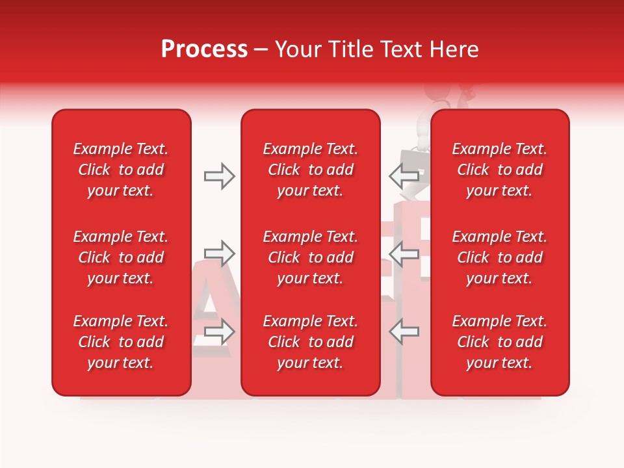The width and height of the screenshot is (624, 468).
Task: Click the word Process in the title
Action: click(x=204, y=49)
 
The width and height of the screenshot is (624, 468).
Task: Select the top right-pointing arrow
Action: click(x=219, y=176)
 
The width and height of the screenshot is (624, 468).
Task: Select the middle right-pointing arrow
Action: click(x=219, y=253)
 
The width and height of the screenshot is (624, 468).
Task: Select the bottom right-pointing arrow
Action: click(x=219, y=331)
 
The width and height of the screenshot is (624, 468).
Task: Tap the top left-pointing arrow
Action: click(x=404, y=176)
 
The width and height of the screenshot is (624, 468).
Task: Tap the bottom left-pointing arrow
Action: click(x=404, y=331)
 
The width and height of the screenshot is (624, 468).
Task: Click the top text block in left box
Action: click(x=121, y=170)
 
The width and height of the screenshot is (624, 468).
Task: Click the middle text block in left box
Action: click(x=121, y=257)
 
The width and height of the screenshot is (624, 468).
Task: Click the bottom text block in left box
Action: click(x=121, y=342)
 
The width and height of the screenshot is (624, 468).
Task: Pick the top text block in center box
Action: click(x=311, y=170)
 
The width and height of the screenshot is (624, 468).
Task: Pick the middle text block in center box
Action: click(x=311, y=257)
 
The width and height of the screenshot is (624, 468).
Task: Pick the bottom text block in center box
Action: click(x=311, y=342)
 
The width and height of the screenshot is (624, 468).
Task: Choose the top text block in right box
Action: click(x=500, y=170)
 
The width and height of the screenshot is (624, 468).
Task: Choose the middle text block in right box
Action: click(x=500, y=257)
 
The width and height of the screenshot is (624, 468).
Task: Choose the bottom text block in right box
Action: click(x=500, y=342)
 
